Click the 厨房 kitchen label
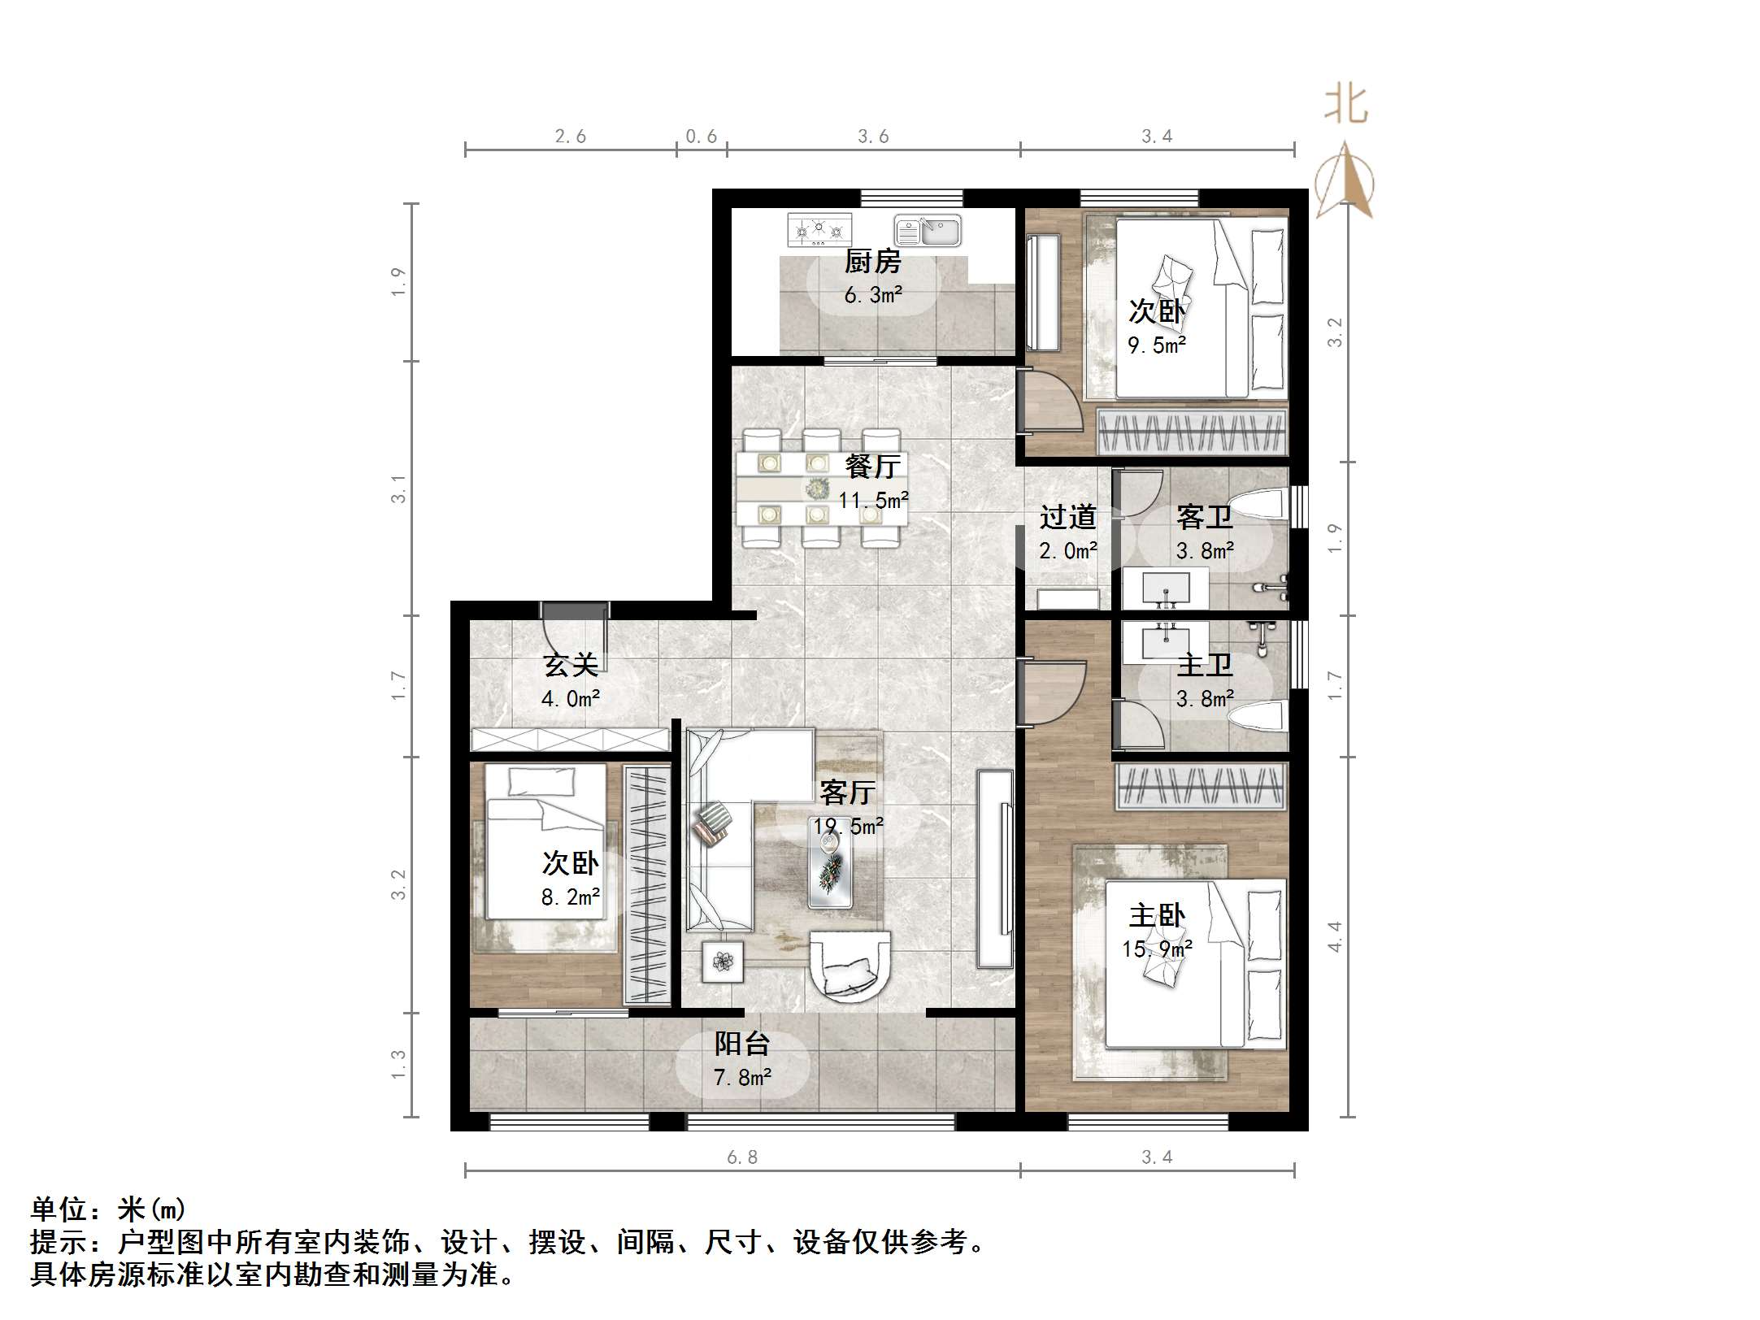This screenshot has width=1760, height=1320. pos(872,262)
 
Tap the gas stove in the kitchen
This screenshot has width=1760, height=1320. pos(819,230)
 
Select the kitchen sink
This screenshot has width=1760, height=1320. pos(928,230)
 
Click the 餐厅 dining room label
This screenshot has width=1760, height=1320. pos(872,467)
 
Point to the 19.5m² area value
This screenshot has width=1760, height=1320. pos(848,827)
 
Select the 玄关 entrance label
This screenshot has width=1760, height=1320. pos(571,666)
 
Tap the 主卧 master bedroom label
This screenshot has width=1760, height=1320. pos(1157,917)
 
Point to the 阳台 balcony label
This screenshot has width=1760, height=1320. pos(742,1044)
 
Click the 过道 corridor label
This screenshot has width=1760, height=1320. pos(1068,517)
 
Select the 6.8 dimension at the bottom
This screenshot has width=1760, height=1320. pos(742,1157)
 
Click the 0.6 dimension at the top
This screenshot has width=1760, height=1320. pos(702,137)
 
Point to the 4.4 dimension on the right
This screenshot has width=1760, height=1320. pos(1334,937)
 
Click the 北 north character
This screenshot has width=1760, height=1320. pos(1345,106)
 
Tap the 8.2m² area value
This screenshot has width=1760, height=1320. pos(571,897)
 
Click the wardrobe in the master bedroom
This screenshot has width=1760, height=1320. pos(1200,786)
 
